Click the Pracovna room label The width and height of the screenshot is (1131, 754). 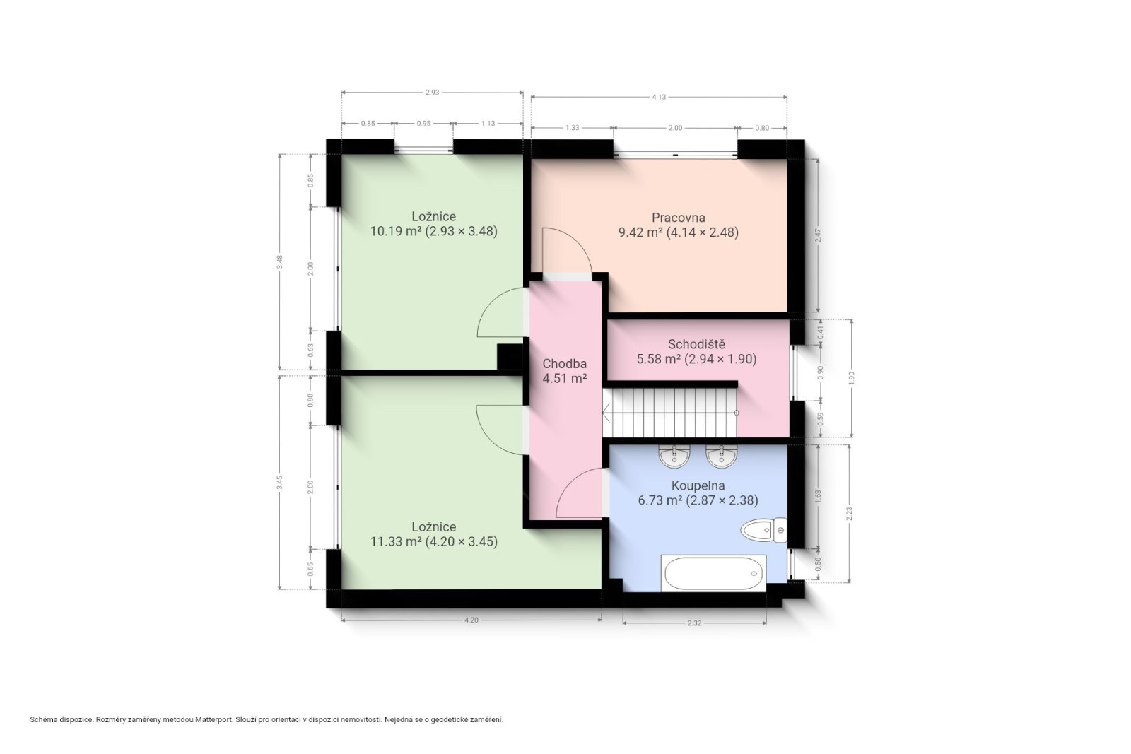pyautogui.click(x=678, y=218)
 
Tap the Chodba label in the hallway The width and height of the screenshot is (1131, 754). pyautogui.click(x=565, y=363)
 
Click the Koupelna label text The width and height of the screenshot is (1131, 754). pyautogui.click(x=698, y=485)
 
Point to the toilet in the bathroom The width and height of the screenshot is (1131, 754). pyautogui.click(x=763, y=530)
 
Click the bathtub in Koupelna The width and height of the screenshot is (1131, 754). pyautogui.click(x=713, y=573)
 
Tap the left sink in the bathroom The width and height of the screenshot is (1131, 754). pyautogui.click(x=674, y=456)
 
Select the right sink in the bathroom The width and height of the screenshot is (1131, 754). pyautogui.click(x=722, y=456)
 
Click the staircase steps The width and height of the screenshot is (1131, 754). pyautogui.click(x=670, y=412)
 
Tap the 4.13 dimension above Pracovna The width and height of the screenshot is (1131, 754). pyautogui.click(x=658, y=97)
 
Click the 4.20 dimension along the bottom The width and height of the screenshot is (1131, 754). pyautogui.click(x=471, y=620)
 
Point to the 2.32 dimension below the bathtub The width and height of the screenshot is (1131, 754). pyautogui.click(x=694, y=623)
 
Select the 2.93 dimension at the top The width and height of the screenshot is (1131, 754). pyautogui.click(x=432, y=93)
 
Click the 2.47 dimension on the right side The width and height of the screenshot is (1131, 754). pyautogui.click(x=818, y=235)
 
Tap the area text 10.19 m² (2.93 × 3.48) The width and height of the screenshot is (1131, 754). pyautogui.click(x=434, y=231)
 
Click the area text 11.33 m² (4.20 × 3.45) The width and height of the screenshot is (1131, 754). pyautogui.click(x=434, y=541)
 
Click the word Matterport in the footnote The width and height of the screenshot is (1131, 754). pyautogui.click(x=215, y=719)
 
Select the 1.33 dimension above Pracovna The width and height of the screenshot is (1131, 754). pyautogui.click(x=572, y=128)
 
